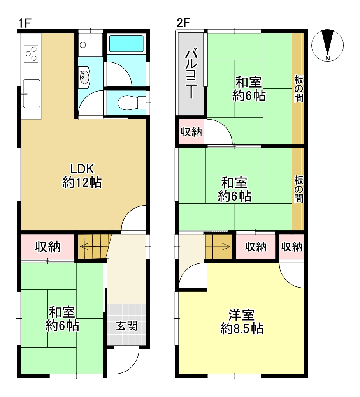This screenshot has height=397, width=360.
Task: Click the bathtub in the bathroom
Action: [x=126, y=44]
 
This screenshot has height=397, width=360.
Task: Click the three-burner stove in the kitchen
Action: [x=31, y=53]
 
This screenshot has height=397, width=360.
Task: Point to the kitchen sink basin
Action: [x=32, y=94]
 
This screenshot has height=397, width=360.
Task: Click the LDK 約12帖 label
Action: [x=82, y=175]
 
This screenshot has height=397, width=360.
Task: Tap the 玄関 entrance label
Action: [x=126, y=326]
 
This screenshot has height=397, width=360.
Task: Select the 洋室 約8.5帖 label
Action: [x=242, y=321]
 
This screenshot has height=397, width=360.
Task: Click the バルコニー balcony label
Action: [x=191, y=73]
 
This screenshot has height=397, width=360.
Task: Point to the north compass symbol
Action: [x=327, y=46]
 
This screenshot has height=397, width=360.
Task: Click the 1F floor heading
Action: [x=25, y=23]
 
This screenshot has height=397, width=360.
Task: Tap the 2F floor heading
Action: [x=183, y=23]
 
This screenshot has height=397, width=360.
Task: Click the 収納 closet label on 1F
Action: [x=47, y=247]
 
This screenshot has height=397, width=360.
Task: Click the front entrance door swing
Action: [x=126, y=361]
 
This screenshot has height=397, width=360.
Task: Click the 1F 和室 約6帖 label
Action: [x=62, y=319]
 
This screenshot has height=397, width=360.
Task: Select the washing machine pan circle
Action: [x=83, y=45]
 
